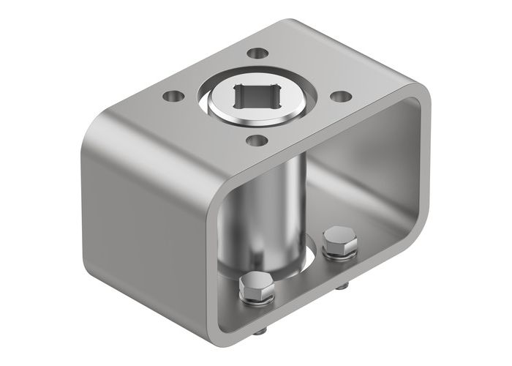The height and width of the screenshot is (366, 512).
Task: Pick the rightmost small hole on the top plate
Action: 339,95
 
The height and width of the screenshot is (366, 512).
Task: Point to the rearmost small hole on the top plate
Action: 256,52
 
